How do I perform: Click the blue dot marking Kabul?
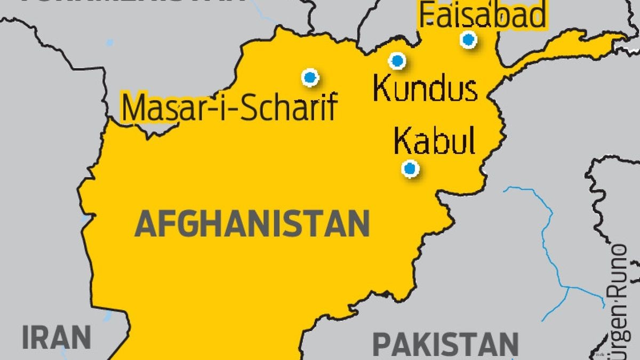coord(410,169)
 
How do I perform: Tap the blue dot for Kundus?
coord(397,61)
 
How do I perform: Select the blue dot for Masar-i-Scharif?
coord(310,77)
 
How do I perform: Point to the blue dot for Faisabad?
coord(468,39)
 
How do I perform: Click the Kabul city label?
coord(434,141)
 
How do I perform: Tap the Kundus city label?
coord(425,89)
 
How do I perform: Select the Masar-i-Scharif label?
coord(229,107)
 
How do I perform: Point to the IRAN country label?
coord(57,338)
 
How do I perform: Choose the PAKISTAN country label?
coord(445,344)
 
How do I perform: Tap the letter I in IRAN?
coord(25,338)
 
